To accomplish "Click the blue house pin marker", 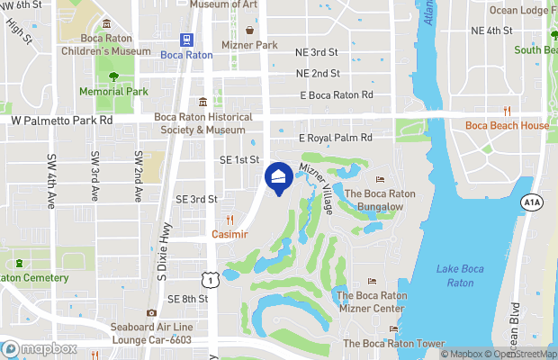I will tap(279, 177).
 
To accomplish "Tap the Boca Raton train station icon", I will tap(187, 40).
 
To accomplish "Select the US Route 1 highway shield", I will tap(209, 281).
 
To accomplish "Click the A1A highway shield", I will tap(531, 203).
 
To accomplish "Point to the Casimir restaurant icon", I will tap(229, 220).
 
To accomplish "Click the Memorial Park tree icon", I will tap(112, 76).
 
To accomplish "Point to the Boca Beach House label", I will tap(507, 126).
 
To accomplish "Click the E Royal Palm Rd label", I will tap(335, 139).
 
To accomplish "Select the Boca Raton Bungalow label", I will tap(380, 199).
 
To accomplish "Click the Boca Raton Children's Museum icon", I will tap(107, 23).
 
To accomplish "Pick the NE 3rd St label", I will tap(317, 53).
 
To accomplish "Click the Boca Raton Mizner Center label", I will tap(369, 301).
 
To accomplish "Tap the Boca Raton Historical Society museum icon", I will tap(204, 102).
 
